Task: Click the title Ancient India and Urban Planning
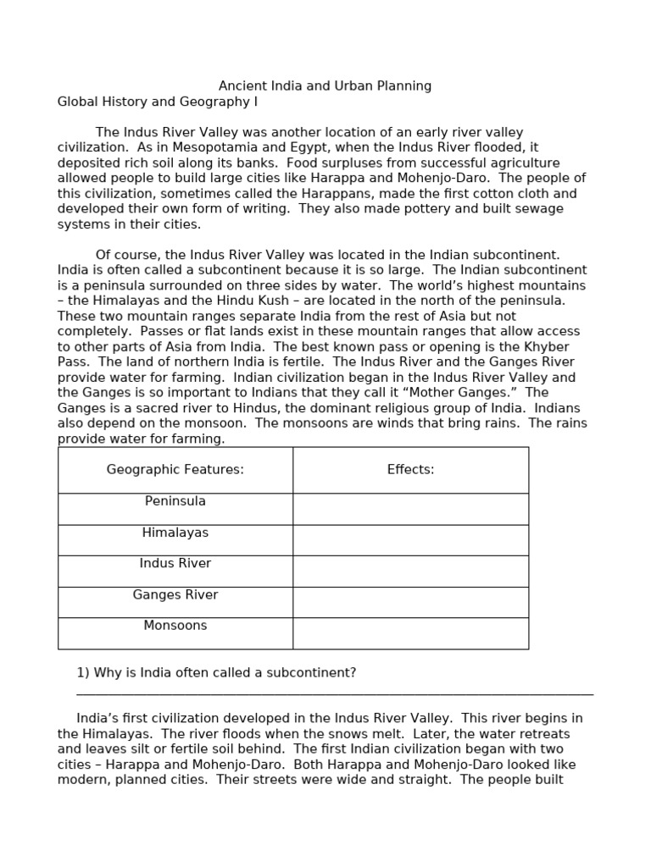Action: click(x=325, y=86)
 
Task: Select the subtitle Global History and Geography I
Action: click(x=157, y=102)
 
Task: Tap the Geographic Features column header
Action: click(x=175, y=469)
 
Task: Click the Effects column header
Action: click(x=410, y=469)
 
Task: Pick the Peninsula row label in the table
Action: click(x=175, y=501)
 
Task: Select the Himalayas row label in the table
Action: click(x=175, y=533)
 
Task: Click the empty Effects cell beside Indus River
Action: click(x=410, y=571)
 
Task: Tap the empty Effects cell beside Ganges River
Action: click(x=410, y=602)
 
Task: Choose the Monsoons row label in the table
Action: click(x=175, y=626)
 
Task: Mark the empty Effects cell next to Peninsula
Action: click(x=410, y=509)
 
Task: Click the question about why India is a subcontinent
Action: click(x=216, y=672)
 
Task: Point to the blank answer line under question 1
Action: click(x=335, y=693)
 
